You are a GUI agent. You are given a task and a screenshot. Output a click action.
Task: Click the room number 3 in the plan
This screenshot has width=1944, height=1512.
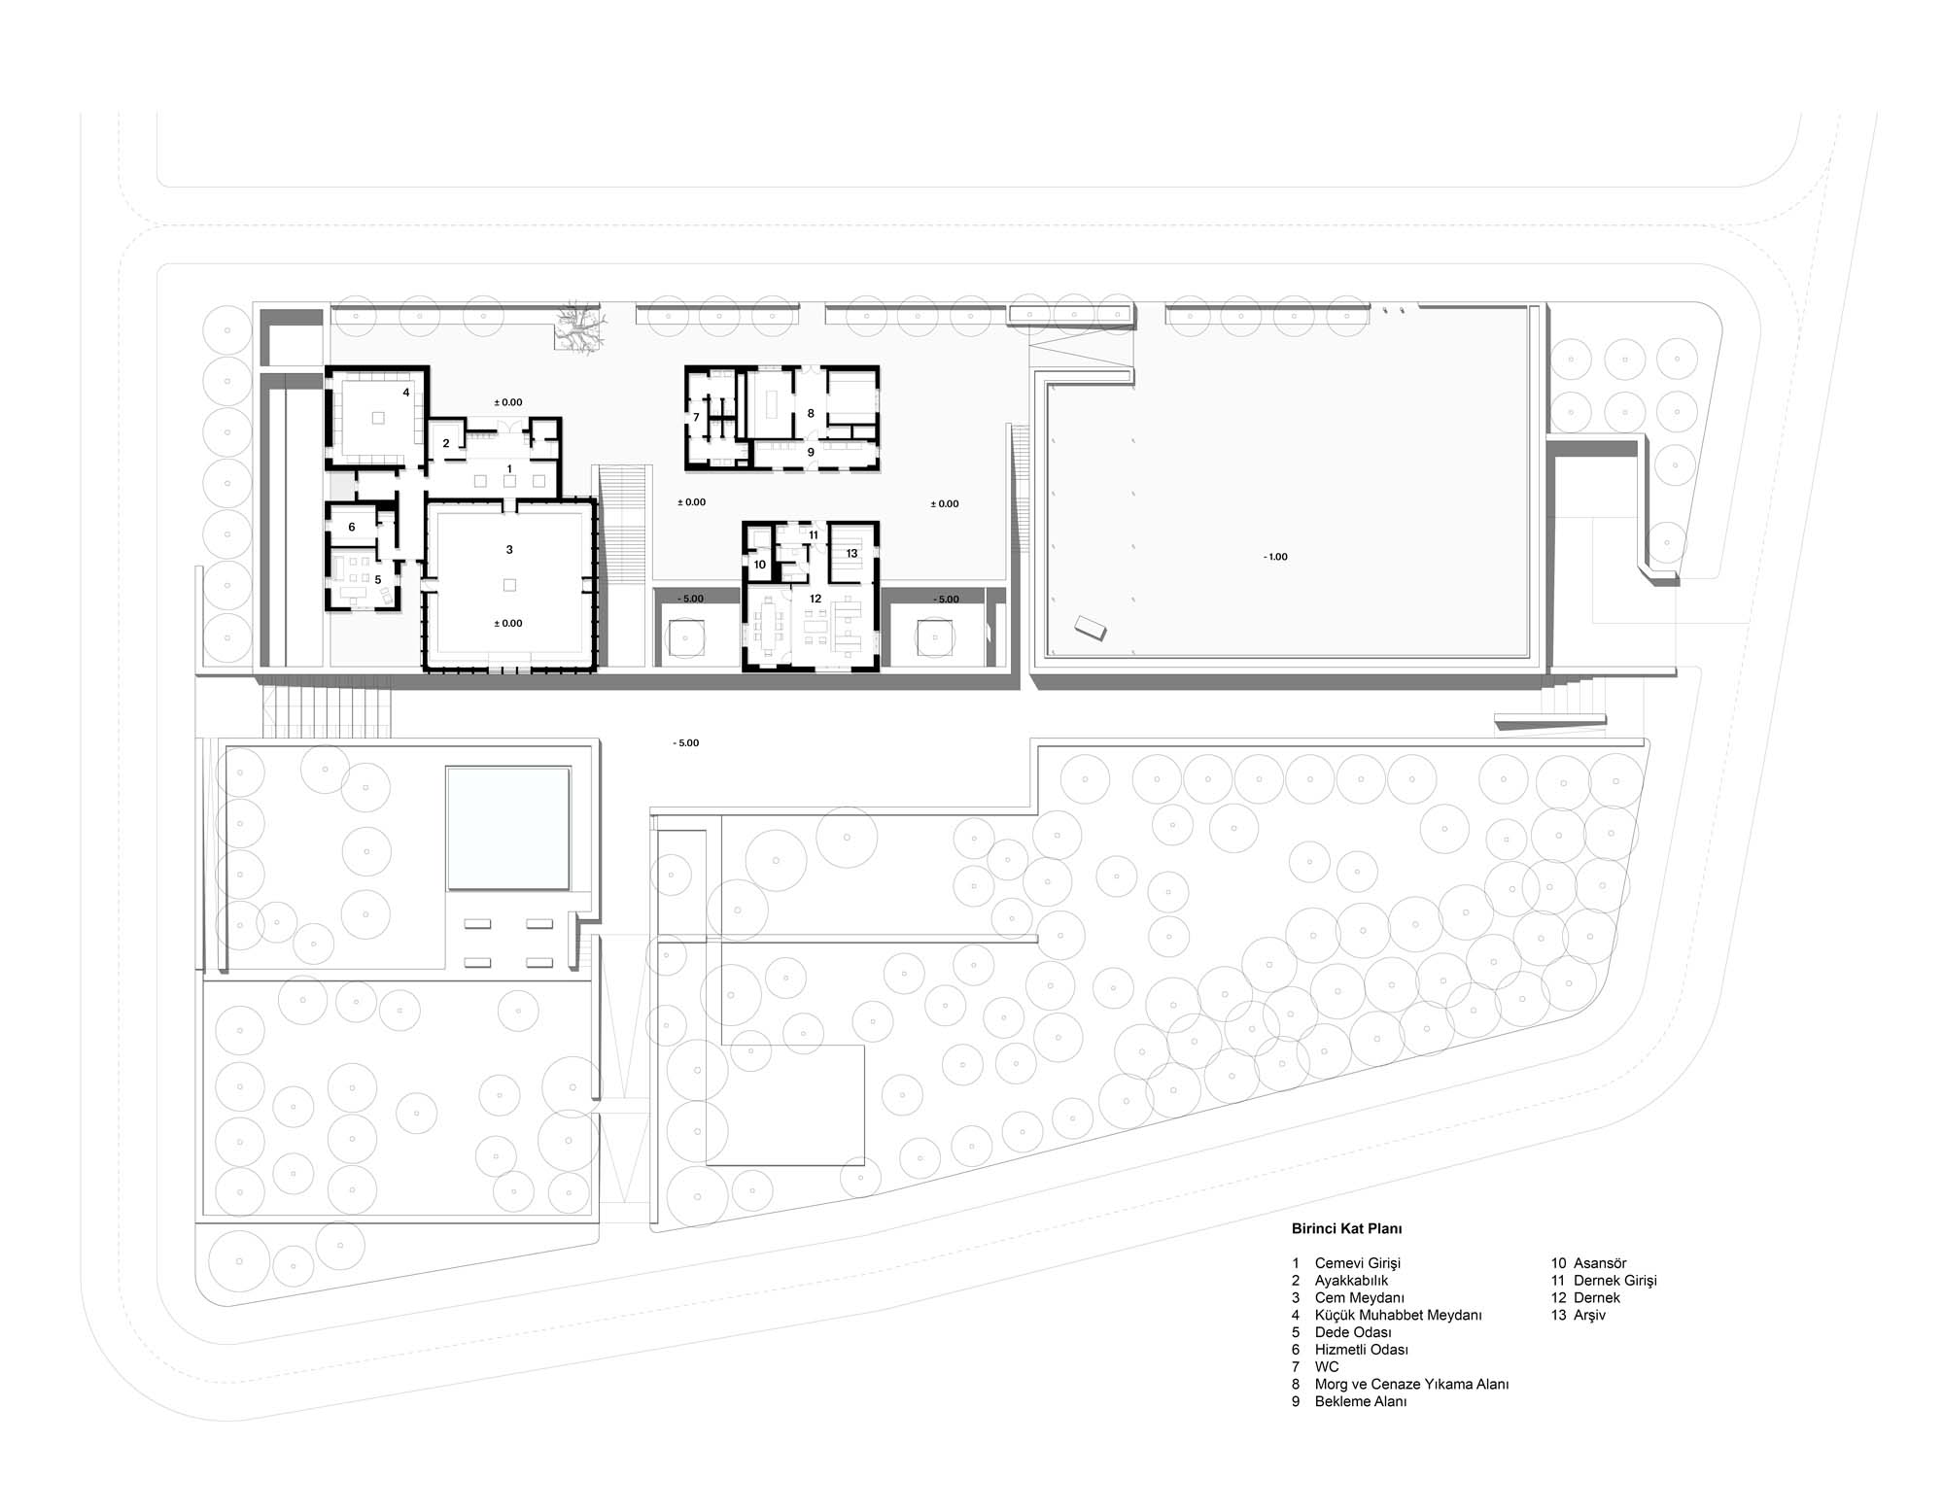coord(509,550)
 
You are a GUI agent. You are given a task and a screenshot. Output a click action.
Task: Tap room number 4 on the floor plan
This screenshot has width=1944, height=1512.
coord(406,393)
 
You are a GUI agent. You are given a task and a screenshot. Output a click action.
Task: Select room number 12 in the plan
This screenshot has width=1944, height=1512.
coord(816,599)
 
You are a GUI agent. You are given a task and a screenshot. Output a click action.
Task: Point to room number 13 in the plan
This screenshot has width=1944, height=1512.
coord(851,554)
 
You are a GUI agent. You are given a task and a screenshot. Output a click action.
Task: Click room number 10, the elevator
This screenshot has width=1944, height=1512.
coord(760,565)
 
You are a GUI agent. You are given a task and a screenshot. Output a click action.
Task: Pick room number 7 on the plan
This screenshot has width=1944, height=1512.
coord(696,417)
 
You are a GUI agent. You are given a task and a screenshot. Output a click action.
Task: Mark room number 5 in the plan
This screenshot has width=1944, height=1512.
coord(378,579)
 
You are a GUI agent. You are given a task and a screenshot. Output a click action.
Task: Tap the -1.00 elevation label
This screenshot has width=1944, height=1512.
coord(1275,557)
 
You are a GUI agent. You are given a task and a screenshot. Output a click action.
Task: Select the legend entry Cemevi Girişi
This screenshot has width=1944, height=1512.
coord(1358,1263)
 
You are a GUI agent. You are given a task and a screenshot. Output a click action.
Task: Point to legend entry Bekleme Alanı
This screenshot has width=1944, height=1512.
coord(1361,1401)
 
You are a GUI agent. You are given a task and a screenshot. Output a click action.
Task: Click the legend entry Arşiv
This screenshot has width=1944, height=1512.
coord(1589,1315)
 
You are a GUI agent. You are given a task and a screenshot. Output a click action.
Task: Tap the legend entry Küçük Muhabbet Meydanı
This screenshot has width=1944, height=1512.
coord(1398,1315)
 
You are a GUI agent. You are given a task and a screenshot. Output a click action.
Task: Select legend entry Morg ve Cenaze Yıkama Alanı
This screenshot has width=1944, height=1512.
coord(1411,1384)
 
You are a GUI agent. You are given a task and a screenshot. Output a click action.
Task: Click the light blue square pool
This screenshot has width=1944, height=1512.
coord(507,828)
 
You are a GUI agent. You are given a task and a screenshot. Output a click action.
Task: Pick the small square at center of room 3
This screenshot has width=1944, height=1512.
coord(509,585)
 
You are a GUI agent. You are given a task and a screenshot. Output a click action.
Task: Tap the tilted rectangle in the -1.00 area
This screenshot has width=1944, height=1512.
coord(1091,628)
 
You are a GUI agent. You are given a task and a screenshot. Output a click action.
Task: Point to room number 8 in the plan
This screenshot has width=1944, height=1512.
coord(811,413)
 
